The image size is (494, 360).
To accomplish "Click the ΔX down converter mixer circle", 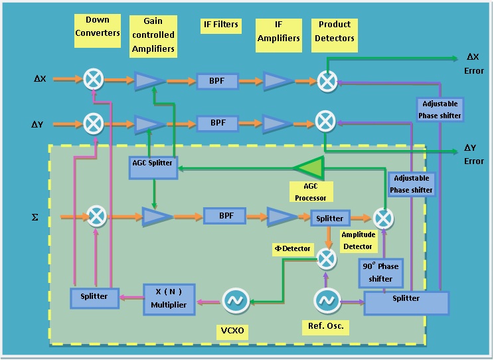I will (x=92, y=80).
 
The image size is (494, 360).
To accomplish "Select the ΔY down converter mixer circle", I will (x=92, y=122).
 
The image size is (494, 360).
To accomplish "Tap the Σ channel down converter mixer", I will (x=97, y=216).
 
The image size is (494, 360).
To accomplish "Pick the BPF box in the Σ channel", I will (x=224, y=217).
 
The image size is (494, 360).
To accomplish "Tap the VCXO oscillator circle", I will (x=235, y=301).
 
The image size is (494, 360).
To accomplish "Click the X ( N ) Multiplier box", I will (x=169, y=298).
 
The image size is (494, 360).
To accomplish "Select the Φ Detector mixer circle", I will (x=325, y=258).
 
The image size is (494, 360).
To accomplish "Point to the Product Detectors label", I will (x=335, y=32).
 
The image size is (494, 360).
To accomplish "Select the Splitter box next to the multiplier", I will (x=94, y=296).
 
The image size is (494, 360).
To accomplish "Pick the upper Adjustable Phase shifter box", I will (x=439, y=110).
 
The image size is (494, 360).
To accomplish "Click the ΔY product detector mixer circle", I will (x=325, y=122).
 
